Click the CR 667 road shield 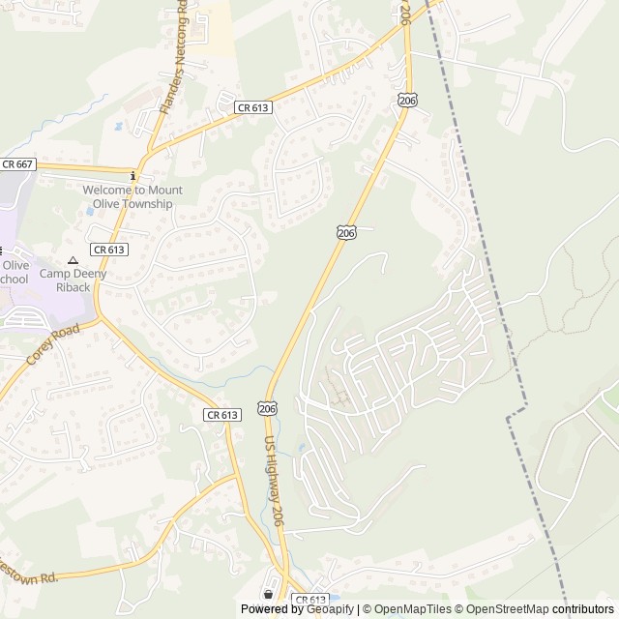[17, 164]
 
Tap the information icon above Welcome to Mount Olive [133, 175]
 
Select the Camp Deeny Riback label [72, 280]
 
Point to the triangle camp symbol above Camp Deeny [72, 260]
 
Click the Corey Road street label [52, 344]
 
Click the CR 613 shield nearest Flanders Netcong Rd [253, 108]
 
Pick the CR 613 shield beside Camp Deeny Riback [108, 250]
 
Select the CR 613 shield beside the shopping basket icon [309, 600]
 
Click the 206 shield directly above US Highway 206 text [268, 409]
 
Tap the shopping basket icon [268, 594]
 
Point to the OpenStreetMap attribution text [504, 609]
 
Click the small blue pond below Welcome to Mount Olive [90, 210]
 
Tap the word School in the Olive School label [14, 280]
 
